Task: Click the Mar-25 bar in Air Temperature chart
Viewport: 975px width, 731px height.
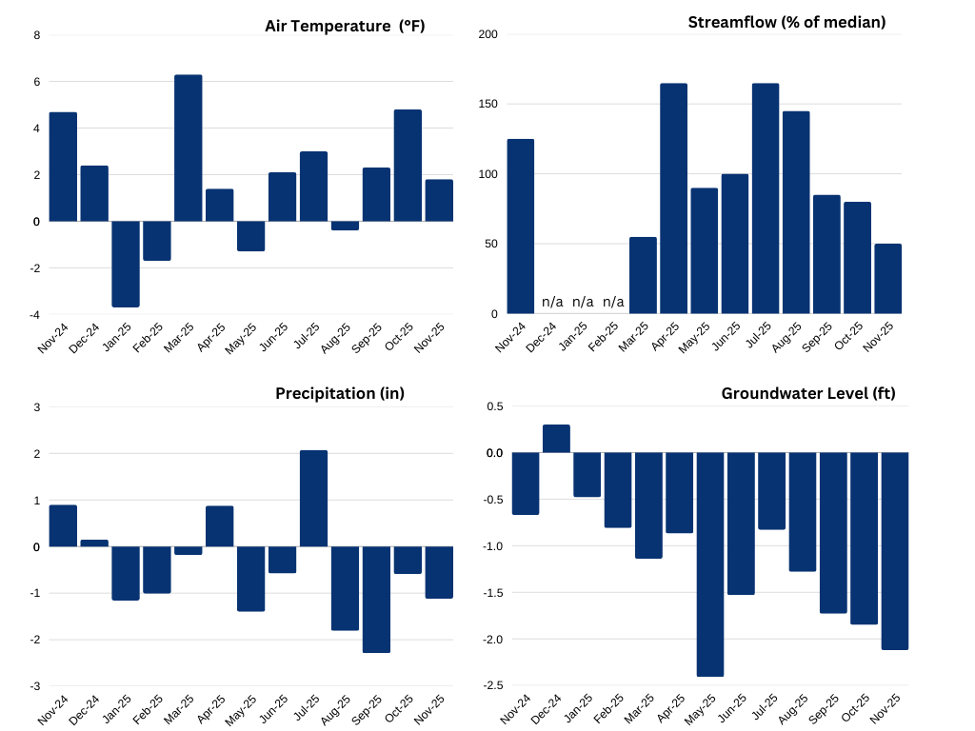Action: [x=189, y=148]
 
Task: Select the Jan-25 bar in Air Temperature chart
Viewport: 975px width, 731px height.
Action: [x=126, y=264]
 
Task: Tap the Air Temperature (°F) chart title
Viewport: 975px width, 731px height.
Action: [x=345, y=26]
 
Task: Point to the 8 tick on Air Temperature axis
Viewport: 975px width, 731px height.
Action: [x=37, y=35]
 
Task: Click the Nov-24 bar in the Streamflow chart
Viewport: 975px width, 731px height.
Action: [x=521, y=227]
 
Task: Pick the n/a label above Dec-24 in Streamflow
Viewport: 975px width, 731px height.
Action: [x=552, y=302]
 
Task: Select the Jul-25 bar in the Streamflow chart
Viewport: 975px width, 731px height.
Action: [x=766, y=199]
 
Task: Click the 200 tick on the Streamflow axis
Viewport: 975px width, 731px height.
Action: [x=487, y=34]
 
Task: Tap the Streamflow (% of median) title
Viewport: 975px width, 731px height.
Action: [x=786, y=22]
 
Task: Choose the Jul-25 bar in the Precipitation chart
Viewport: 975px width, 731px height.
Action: [x=314, y=499]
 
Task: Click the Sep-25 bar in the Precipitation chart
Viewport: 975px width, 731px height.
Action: [x=377, y=600]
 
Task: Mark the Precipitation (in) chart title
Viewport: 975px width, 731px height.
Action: [x=340, y=393]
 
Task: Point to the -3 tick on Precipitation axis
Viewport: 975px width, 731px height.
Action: [x=36, y=686]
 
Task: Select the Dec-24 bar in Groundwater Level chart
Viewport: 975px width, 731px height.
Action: [x=556, y=439]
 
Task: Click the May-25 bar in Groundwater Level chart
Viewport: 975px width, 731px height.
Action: [x=710, y=564]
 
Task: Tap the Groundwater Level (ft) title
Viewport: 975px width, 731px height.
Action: [x=808, y=393]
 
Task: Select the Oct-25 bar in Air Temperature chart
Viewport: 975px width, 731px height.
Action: [x=408, y=166]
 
